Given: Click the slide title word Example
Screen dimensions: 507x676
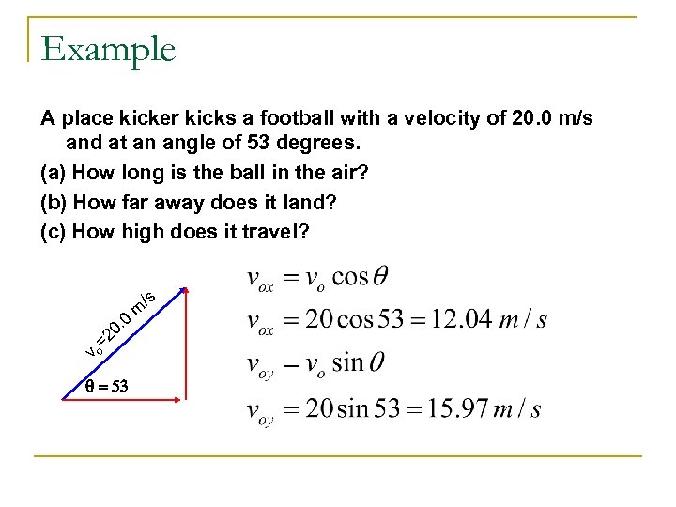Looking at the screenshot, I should (108, 49).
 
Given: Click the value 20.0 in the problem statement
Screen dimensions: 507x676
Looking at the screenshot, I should (535, 120).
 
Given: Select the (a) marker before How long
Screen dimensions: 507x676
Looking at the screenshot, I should (53, 173).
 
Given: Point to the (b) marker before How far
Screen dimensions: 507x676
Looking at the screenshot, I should (53, 201).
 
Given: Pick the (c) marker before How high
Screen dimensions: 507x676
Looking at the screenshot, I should (53, 229).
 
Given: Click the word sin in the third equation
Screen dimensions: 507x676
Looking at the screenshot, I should (346, 363).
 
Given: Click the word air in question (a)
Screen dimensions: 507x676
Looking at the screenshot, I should (296, 173).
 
